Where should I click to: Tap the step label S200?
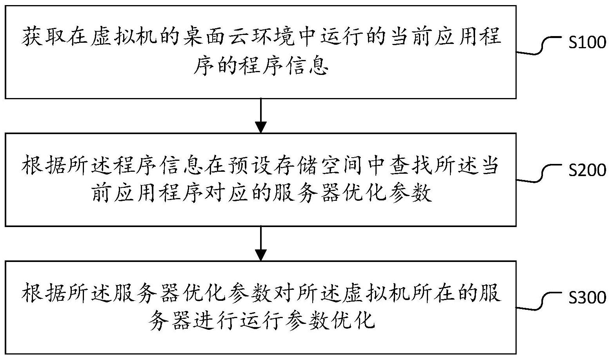pyautogui.click(x=587, y=170)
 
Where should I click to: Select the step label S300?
pyautogui.click(x=587, y=298)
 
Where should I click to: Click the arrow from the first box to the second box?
pyautogui.click(x=261, y=116)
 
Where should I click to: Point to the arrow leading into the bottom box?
pyautogui.click(x=261, y=244)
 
